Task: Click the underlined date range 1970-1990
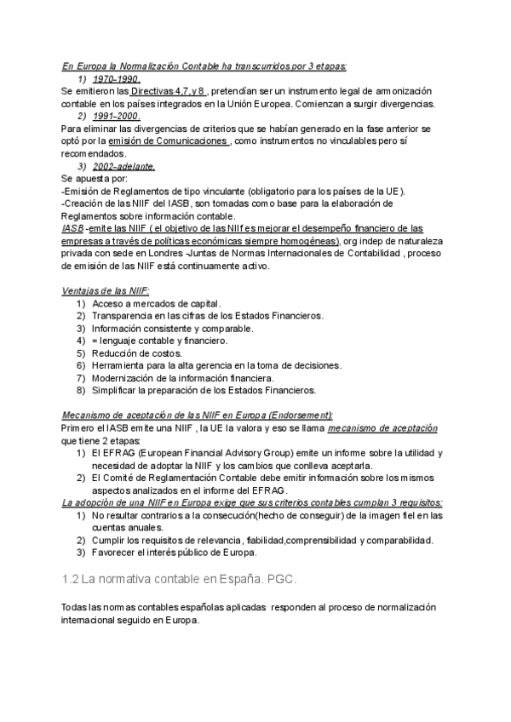click(117, 78)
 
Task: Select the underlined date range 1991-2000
click(117, 116)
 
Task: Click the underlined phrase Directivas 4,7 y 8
click(168, 91)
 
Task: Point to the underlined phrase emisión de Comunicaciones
click(181, 141)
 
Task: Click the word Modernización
click(124, 378)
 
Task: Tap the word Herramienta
click(119, 365)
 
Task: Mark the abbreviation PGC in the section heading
click(281, 579)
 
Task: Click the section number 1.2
click(71, 579)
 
